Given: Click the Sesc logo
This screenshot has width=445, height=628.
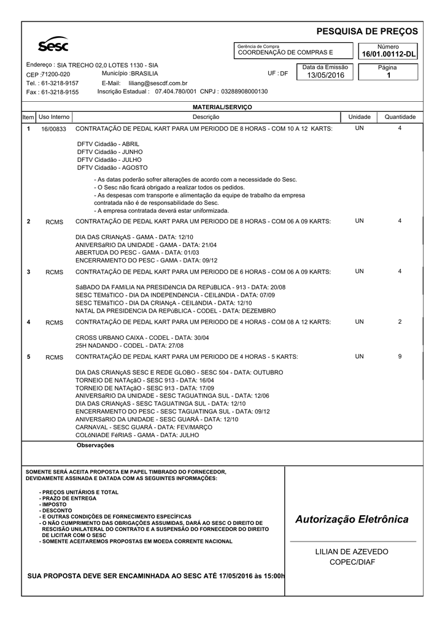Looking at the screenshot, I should point(53,45).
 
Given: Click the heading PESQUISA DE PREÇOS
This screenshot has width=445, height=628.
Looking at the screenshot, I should point(367,31).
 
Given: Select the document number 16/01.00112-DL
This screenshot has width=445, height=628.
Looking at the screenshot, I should point(388,55).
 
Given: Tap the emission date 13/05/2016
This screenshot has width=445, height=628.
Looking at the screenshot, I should point(325,75).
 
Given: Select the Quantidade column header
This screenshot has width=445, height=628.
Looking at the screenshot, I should point(400,117).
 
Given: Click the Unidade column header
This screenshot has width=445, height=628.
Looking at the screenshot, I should point(359,117).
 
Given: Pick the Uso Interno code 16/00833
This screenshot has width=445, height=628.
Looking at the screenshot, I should point(53,129).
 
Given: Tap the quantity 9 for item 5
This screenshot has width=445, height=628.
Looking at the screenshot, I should point(400,356).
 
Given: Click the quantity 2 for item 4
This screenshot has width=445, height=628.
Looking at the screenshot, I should point(400,322).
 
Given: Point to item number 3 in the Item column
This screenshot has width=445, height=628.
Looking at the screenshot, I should point(28,272).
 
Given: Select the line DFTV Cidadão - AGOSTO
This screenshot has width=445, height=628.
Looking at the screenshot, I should point(112,167).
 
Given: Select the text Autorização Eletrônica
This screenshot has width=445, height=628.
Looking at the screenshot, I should point(352,519).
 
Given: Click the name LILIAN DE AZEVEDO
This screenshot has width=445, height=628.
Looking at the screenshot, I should point(352,552).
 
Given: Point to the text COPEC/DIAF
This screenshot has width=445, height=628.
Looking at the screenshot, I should point(352,562).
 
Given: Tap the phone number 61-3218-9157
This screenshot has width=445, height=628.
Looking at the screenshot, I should point(60,83).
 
